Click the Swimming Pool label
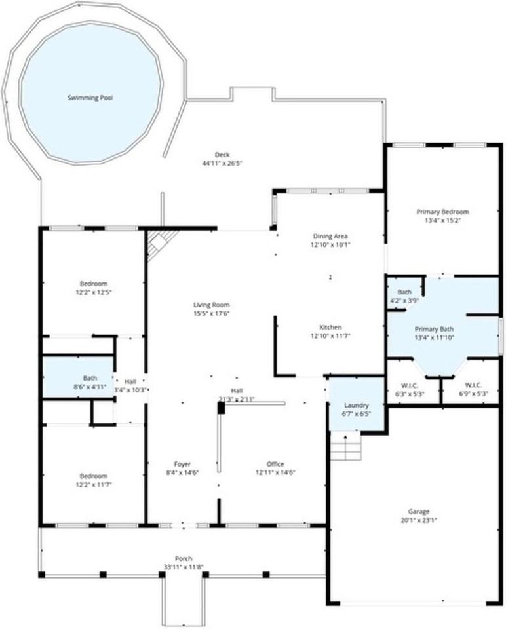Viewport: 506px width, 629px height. pos(90,98)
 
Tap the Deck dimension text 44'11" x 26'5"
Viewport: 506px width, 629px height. pos(222,164)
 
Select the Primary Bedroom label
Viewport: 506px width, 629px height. pos(442,212)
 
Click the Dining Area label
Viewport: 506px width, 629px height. pos(330,236)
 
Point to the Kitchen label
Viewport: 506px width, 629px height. pos(330,327)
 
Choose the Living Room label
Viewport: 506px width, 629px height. pos(211,305)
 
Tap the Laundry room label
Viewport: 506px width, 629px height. pos(356,406)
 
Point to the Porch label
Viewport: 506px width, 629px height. pos(183,558)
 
